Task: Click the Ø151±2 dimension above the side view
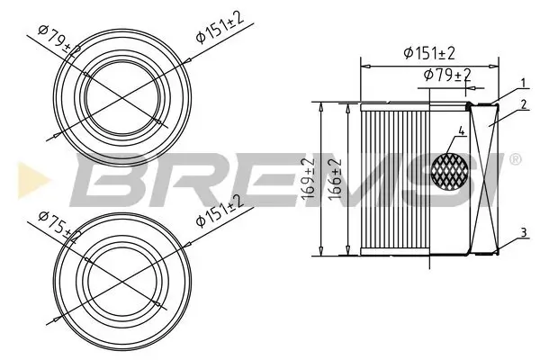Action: pos(430,53)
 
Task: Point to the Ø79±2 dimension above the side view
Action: pos(447,75)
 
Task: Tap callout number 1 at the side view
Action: pos(522,84)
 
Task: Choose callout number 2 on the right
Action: pos(522,104)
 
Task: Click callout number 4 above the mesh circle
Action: pos(461,131)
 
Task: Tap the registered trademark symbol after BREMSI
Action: pos(514,160)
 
